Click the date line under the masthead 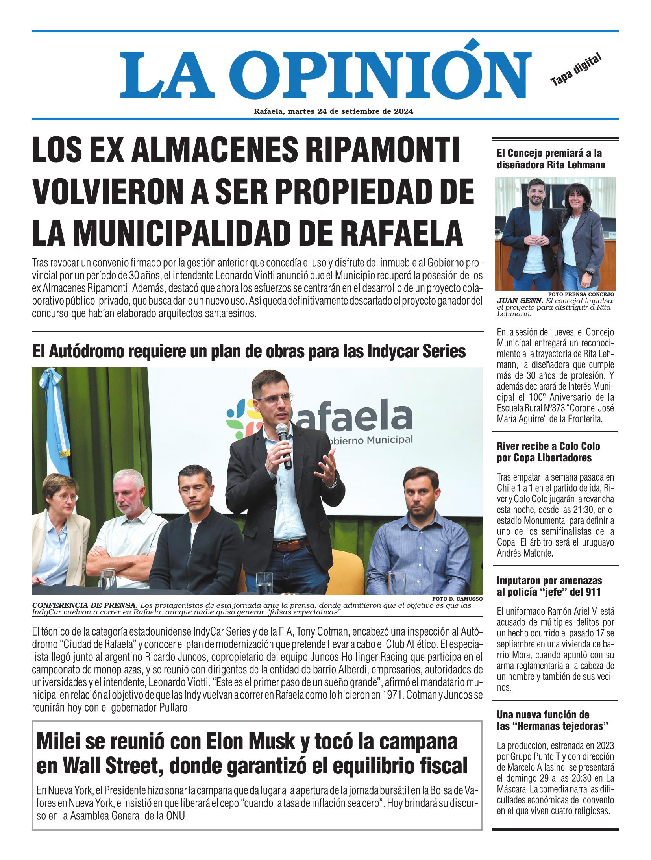pos(333,111)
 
